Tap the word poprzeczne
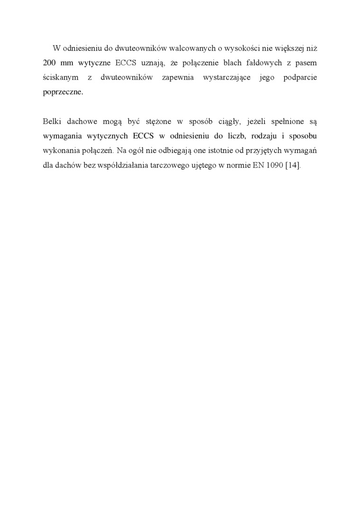coord(63,92)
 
